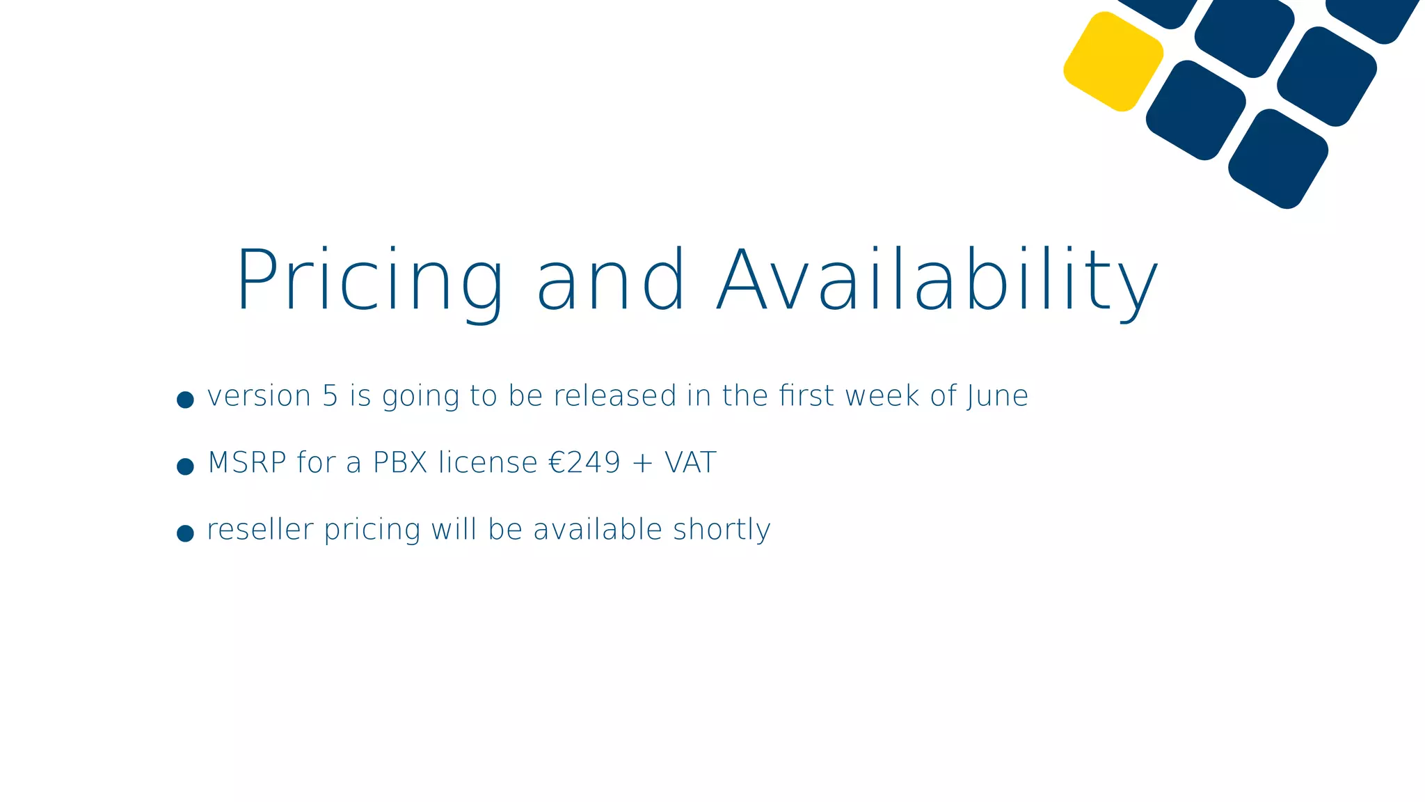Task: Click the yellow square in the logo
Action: pyautogui.click(x=1113, y=61)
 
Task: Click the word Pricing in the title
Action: pyautogui.click(x=369, y=281)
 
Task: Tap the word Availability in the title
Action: pyautogui.click(x=937, y=281)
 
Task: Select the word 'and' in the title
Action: pyautogui.click(x=612, y=281)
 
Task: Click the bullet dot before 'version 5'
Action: pyautogui.click(x=185, y=400)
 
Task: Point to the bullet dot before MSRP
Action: pyautogui.click(x=185, y=466)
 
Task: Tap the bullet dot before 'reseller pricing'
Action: pyautogui.click(x=185, y=533)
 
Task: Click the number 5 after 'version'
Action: pyautogui.click(x=330, y=396)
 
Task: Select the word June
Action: pyautogui.click(x=997, y=396)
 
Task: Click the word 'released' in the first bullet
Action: pyautogui.click(x=615, y=396)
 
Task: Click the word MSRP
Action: pyautogui.click(x=247, y=463)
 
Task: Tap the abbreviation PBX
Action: pyautogui.click(x=400, y=463)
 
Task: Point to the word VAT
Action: pyautogui.click(x=690, y=463)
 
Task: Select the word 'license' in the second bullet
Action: pyautogui.click(x=488, y=463)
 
